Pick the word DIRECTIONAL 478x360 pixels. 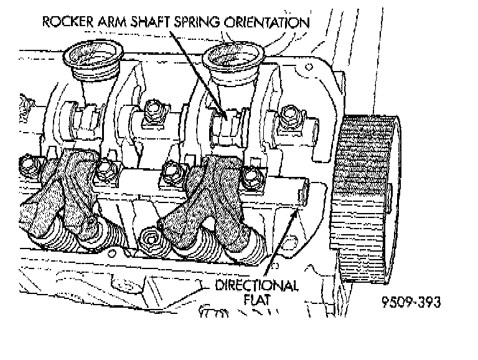point(256,287)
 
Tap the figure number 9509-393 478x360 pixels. point(411,303)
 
